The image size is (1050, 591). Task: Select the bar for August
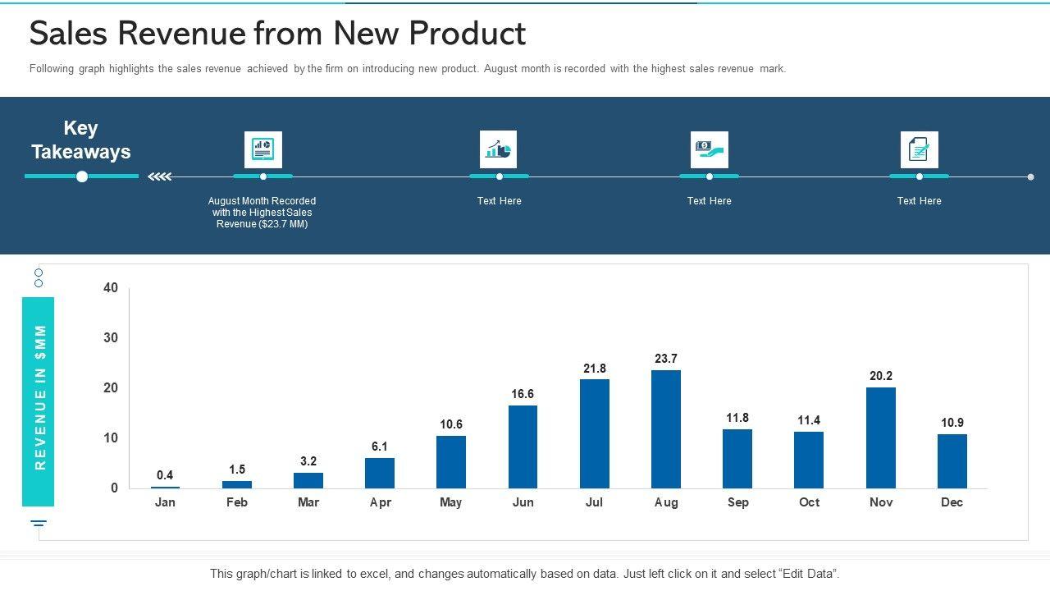665,429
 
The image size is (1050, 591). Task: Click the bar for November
880,438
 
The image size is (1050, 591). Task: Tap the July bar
594,433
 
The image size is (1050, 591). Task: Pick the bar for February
237,484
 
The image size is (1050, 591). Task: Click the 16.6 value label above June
523,394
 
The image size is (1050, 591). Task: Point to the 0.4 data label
165,475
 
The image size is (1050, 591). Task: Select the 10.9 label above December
952,423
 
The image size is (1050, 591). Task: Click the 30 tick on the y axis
111,338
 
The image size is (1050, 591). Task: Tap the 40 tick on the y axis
111,288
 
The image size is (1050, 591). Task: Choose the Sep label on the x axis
737,502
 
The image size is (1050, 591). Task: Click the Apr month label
380,502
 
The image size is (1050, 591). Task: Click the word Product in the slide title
467,34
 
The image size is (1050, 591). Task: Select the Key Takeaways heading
80,140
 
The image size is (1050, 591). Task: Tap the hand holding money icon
709,149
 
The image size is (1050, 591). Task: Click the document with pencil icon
919,149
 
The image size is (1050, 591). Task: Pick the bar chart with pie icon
498,149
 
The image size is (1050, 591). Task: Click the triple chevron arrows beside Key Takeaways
159,176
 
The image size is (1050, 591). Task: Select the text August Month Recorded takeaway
262,213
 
